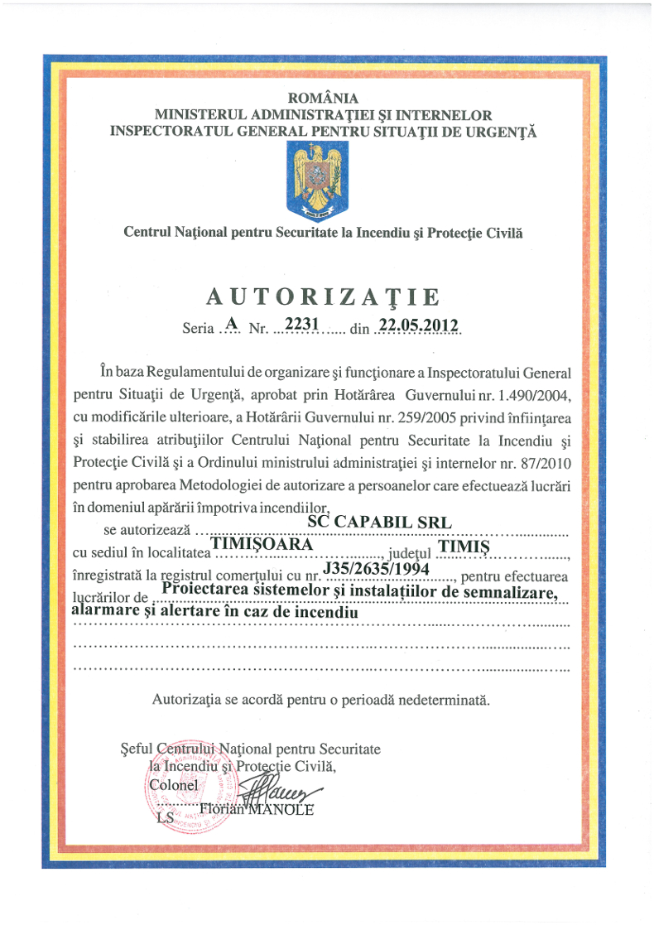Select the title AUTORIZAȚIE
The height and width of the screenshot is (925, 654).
(323, 296)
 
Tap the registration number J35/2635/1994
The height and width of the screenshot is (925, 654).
(374, 569)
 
